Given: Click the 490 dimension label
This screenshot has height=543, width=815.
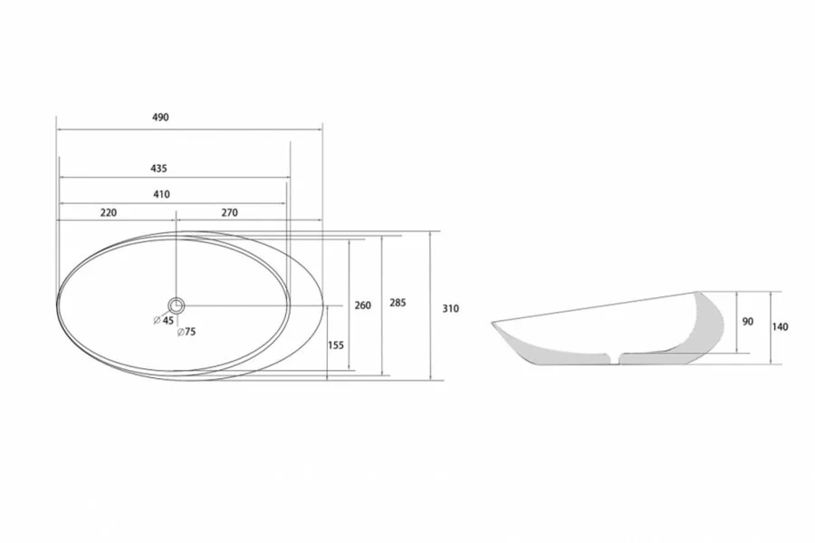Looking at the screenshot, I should pos(161,118).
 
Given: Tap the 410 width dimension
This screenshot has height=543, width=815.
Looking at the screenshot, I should pos(161,194).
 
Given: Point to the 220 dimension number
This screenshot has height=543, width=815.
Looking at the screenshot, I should pos(108,213).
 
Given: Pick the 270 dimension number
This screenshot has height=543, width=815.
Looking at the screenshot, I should pos(228,213).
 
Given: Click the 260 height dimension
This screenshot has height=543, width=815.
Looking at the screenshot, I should pos(362,305).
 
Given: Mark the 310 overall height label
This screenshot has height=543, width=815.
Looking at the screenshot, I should pos(450,308).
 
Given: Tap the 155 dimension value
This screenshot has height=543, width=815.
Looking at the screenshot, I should pos(336,344).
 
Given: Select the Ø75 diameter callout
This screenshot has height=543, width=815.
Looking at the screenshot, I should pos(187,332).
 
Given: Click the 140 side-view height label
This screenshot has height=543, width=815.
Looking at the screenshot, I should pos(780,327).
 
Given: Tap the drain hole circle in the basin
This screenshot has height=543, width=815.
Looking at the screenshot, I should pos(177,305).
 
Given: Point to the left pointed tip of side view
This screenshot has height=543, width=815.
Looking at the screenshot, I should pos(493,323).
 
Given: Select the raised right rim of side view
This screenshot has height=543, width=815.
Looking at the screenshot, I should pos(698,294).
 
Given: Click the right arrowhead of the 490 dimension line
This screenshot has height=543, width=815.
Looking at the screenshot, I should pos(321,130).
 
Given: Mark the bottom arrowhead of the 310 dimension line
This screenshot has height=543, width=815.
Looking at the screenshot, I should pos(430,379).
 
